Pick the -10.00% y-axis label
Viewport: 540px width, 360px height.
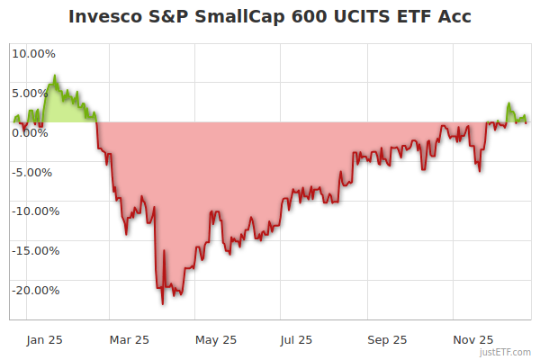33,211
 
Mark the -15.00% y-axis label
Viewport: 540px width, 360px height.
33,251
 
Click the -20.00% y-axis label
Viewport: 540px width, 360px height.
33,291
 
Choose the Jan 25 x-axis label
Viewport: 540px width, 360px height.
45,339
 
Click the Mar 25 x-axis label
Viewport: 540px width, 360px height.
129,339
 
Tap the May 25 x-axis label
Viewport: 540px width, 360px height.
216,339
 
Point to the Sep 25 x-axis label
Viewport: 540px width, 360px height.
388,339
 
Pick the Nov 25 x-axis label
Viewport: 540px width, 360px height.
472,339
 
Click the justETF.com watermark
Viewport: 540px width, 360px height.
505,352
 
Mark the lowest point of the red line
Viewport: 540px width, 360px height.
163,304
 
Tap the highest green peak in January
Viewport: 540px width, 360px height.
55,76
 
